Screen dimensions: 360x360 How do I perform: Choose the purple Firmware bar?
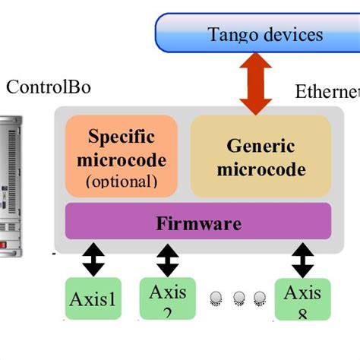click(198, 223)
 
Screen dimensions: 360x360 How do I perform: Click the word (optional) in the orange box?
click(122, 181)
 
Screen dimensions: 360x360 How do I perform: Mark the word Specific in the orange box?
click(122, 137)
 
